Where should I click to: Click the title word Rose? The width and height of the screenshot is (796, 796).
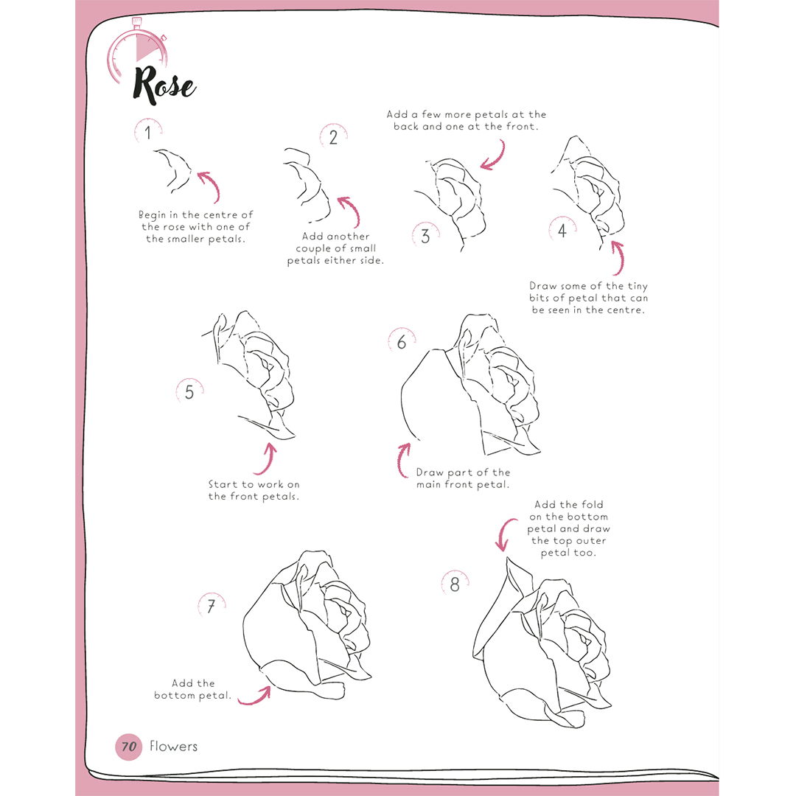coord(164,85)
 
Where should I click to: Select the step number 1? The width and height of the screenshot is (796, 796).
coord(147,133)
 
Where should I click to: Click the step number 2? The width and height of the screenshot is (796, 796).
coord(333,137)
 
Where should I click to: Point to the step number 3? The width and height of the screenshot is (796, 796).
coord(425,236)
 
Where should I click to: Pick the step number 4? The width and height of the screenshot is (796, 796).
coord(562,231)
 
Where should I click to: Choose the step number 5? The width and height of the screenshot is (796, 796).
coord(189,392)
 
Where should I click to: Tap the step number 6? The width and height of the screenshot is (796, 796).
coord(402,342)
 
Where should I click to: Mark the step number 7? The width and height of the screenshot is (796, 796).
coord(212,606)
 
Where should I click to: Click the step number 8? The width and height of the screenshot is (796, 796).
coord(455,584)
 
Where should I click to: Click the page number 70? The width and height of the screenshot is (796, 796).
coord(129,746)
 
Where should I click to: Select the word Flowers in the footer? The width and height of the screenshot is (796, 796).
coord(174,746)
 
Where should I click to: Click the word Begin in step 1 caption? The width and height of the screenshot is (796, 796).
coord(153,215)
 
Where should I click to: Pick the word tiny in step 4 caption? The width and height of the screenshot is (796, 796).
coord(638,287)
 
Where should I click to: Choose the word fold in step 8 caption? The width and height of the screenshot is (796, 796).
coord(592,505)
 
